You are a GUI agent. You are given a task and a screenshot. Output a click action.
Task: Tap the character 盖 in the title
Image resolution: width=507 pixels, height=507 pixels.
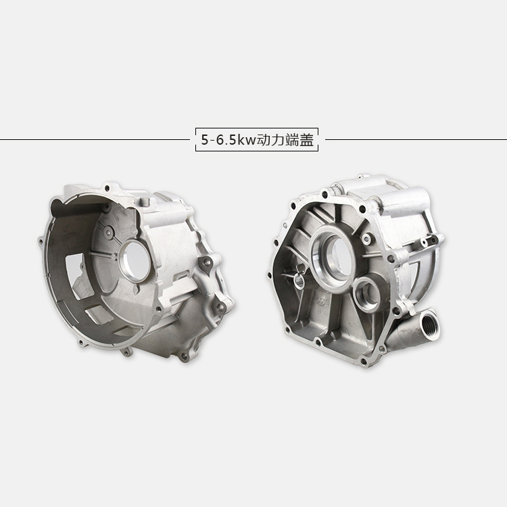click(x=306, y=140)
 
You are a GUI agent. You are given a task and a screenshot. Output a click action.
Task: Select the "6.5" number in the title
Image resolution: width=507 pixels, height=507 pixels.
click(x=226, y=140)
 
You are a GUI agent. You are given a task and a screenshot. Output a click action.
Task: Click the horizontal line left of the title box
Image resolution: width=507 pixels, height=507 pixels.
click(x=95, y=140)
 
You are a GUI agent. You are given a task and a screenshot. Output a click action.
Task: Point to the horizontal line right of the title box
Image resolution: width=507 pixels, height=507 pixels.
click(x=416, y=140)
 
